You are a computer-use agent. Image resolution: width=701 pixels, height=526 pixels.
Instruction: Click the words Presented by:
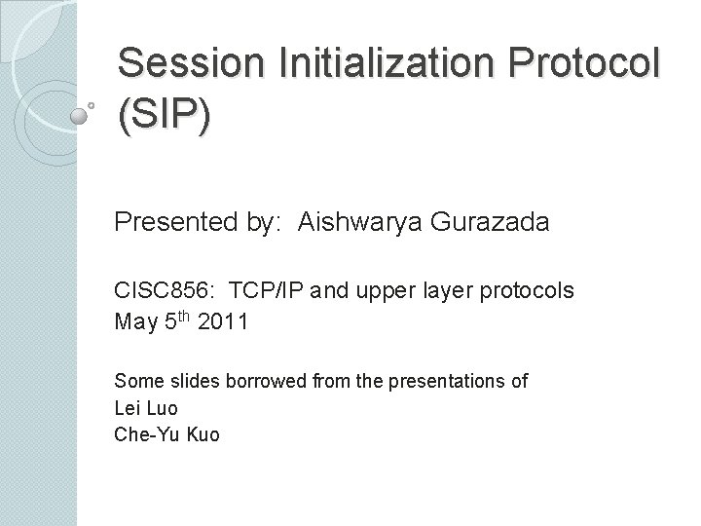pyautogui.click(x=179, y=223)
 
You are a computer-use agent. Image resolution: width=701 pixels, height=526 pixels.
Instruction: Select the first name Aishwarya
pyautogui.click(x=331, y=223)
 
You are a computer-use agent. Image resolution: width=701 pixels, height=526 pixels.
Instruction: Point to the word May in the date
pyautogui.click(x=135, y=322)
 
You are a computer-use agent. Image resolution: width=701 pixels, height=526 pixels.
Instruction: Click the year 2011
pyautogui.click(x=222, y=322)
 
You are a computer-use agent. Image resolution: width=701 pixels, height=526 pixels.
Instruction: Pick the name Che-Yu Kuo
pyautogui.click(x=166, y=433)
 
